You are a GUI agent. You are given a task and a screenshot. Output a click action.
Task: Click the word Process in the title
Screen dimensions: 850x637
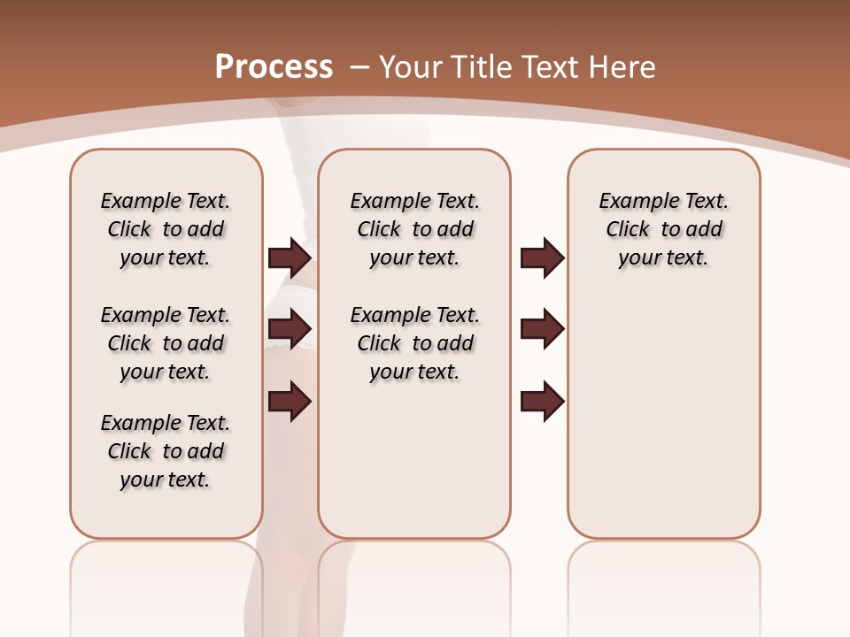(x=274, y=66)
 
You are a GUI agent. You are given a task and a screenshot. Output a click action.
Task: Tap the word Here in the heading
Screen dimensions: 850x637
(x=624, y=67)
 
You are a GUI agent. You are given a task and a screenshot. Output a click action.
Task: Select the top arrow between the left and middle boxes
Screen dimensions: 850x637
(x=290, y=258)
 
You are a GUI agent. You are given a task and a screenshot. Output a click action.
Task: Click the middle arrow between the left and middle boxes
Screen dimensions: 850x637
(x=290, y=329)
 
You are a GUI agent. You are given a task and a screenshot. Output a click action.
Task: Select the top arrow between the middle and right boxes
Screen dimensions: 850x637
(x=542, y=258)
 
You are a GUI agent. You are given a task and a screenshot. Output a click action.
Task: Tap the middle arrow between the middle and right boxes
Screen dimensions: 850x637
(x=542, y=329)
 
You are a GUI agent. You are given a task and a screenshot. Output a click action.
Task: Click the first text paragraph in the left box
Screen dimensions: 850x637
(x=166, y=229)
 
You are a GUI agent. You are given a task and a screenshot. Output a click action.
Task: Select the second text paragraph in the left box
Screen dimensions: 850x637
(x=166, y=343)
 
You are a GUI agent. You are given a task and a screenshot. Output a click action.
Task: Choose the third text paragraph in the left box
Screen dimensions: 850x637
(x=166, y=451)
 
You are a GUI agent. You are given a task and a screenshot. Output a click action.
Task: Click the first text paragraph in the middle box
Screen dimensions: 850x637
(x=414, y=229)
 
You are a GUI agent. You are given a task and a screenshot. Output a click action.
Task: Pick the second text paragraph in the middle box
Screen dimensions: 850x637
(x=414, y=343)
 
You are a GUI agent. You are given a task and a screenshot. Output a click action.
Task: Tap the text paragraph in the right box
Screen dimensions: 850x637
(x=664, y=229)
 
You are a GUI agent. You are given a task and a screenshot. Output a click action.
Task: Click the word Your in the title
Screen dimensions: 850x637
(x=411, y=67)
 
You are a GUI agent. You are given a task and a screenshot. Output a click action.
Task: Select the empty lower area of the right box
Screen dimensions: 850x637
(x=664, y=416)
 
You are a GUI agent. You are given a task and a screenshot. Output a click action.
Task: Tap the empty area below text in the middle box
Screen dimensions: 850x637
(x=414, y=460)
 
